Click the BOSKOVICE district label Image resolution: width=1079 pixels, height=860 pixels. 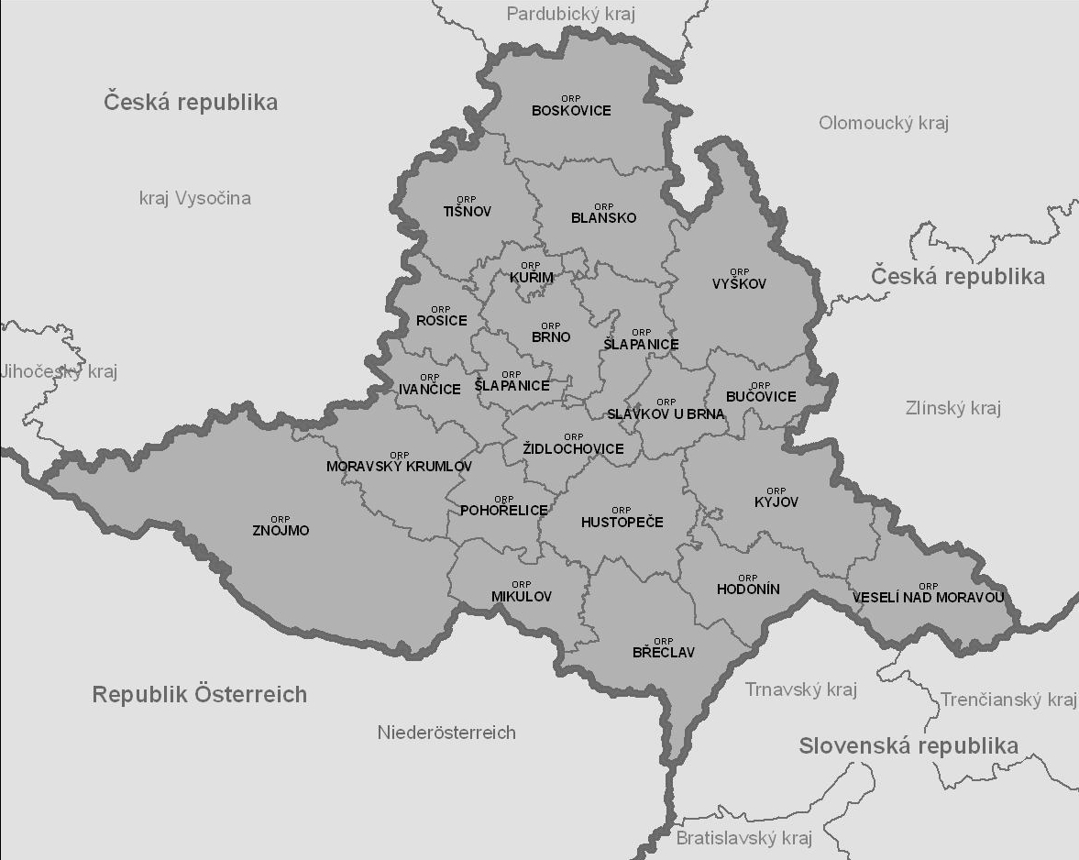click(571, 110)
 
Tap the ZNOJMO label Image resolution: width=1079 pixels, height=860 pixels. click(281, 531)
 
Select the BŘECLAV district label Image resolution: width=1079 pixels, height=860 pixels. click(664, 653)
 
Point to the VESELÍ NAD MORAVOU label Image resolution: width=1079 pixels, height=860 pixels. click(928, 598)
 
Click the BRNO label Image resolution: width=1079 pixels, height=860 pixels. click(551, 336)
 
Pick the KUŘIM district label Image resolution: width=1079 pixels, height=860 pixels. click(532, 277)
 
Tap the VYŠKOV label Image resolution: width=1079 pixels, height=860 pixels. click(739, 284)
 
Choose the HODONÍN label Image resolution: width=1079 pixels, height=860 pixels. click(748, 590)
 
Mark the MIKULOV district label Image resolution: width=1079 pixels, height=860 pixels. click(522, 596)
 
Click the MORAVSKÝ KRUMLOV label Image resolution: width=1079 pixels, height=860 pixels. click(399, 466)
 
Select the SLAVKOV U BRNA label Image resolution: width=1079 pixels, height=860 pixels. click(666, 413)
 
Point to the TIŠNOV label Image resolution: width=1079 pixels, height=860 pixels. click(467, 211)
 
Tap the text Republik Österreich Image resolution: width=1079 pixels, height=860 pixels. click(199, 694)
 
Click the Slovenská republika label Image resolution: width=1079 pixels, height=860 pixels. click(908, 745)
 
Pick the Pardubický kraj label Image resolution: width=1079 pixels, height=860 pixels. click(570, 14)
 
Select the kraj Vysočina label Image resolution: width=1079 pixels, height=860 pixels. click(194, 198)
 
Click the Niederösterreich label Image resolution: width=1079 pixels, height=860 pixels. click(446, 733)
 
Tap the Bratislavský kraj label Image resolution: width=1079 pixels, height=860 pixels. click(744, 838)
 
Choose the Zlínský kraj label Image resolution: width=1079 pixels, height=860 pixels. click(952, 408)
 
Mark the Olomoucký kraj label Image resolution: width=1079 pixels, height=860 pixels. click(883, 123)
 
